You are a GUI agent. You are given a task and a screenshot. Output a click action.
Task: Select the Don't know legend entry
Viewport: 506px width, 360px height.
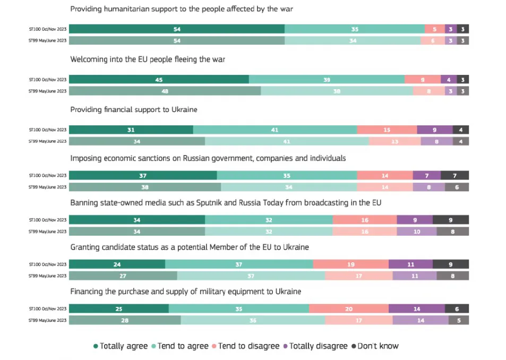pyautogui.click(x=378, y=346)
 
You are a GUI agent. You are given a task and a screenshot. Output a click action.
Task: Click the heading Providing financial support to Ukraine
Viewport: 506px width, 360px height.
pyautogui.click(x=134, y=109)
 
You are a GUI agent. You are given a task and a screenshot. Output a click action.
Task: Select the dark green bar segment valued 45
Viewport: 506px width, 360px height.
pyautogui.click(x=159, y=80)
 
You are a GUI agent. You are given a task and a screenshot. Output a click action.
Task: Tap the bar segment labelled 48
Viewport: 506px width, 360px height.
pyautogui.click(x=165, y=91)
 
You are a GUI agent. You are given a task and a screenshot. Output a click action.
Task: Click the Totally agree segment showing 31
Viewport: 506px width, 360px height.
pyautogui.click(x=131, y=130)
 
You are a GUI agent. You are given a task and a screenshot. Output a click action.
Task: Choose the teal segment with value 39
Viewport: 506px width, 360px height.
pyautogui.click(x=327, y=80)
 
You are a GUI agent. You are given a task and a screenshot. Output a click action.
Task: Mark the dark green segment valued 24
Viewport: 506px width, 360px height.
pyautogui.click(x=117, y=264)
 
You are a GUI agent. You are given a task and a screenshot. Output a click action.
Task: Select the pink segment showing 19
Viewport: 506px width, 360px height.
pyautogui.click(x=350, y=264)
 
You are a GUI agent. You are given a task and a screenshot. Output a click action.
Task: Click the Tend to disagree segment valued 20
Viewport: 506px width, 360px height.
pyautogui.click(x=348, y=309)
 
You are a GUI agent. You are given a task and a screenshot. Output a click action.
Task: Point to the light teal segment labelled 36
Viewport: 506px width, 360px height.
pyautogui.click(x=253, y=320)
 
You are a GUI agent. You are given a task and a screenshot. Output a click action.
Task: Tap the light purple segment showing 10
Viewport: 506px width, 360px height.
pyautogui.click(x=416, y=231)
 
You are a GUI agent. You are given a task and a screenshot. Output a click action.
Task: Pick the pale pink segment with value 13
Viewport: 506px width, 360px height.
pyautogui.click(x=394, y=141)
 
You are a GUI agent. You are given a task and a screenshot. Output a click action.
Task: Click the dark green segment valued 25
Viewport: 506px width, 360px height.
pyautogui.click(x=118, y=309)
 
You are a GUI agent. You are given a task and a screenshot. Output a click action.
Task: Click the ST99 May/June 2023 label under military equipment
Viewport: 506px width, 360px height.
pyautogui.click(x=48, y=320)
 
